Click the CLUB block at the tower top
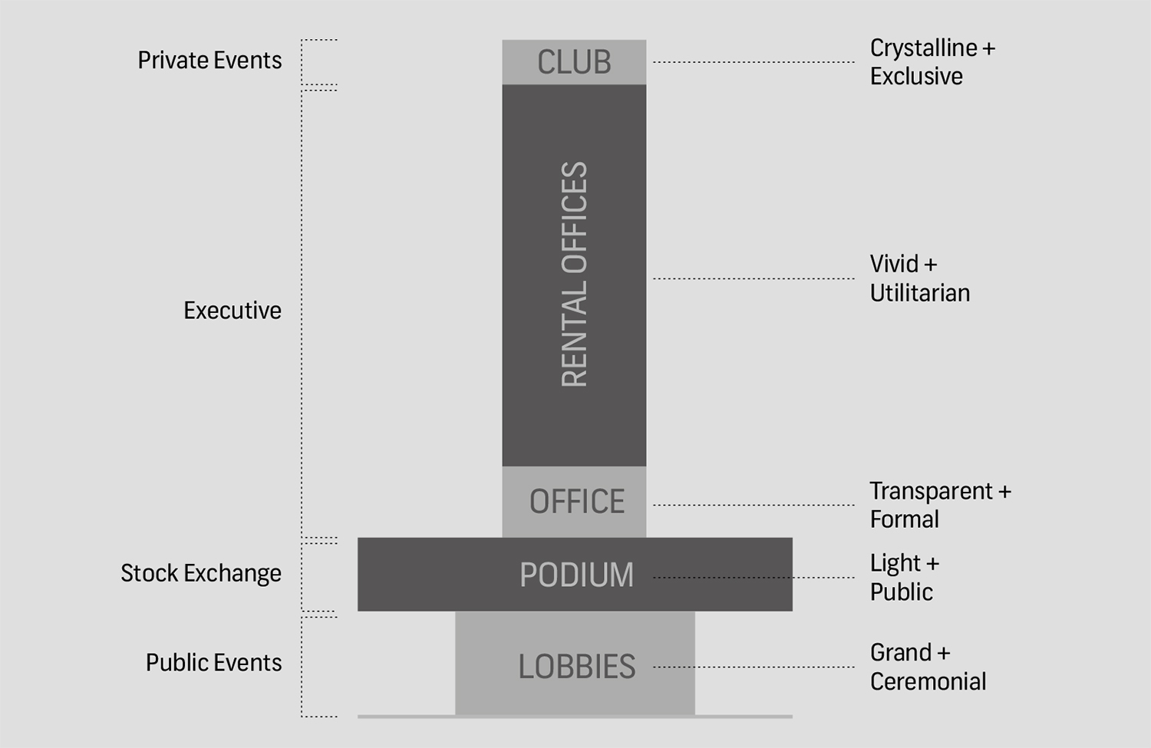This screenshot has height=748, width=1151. point(574,62)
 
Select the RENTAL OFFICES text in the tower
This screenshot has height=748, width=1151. point(574,274)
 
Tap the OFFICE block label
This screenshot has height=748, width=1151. point(577,502)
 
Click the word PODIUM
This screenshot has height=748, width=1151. point(577,575)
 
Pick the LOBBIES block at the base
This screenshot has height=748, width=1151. point(577,666)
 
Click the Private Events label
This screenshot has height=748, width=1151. point(209,61)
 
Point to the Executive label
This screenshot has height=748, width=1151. point(233,311)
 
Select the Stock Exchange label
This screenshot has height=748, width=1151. point(201,573)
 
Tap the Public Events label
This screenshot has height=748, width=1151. point(214,662)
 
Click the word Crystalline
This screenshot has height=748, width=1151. point(923,48)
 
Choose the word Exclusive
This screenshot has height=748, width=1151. point(916,77)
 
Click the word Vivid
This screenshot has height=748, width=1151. point(894,264)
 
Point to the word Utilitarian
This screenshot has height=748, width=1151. point(920,293)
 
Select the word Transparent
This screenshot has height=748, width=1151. point(931,491)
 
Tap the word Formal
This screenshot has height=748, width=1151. point(905,519)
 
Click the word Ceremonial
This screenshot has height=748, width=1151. point(928,681)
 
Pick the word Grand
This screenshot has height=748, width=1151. point(900,653)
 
